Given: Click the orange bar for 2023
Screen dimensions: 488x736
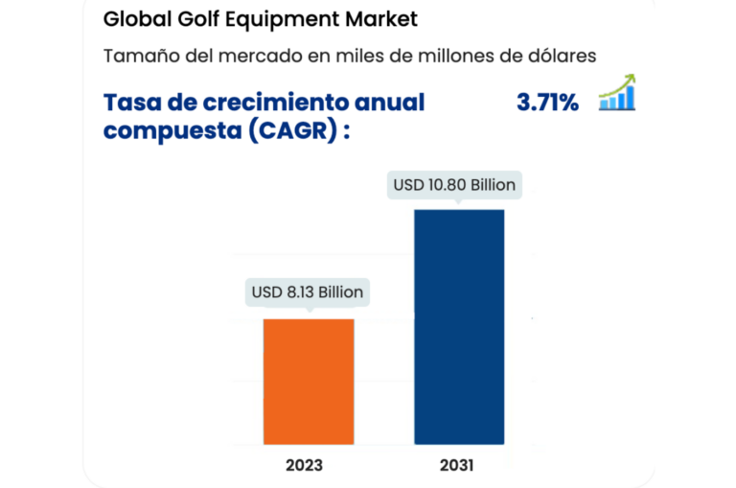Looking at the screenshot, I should pos(309,382).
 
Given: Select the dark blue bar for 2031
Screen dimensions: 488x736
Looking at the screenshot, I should pos(459,326).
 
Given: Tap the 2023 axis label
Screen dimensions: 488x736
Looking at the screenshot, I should pos(304,466).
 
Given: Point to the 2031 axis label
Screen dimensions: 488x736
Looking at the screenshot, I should pos(457,466).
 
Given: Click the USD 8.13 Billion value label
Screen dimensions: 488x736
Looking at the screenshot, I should pos(308,291).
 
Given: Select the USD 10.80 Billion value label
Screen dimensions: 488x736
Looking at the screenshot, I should pos(455,184).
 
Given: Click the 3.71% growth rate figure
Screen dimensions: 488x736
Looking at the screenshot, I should pos(547,103).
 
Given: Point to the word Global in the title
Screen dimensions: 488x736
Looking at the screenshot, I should pos(132,19).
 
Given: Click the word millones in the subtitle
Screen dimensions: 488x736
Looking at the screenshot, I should pos(452,56).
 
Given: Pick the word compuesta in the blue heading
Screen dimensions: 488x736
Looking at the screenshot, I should pos(169,131).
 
